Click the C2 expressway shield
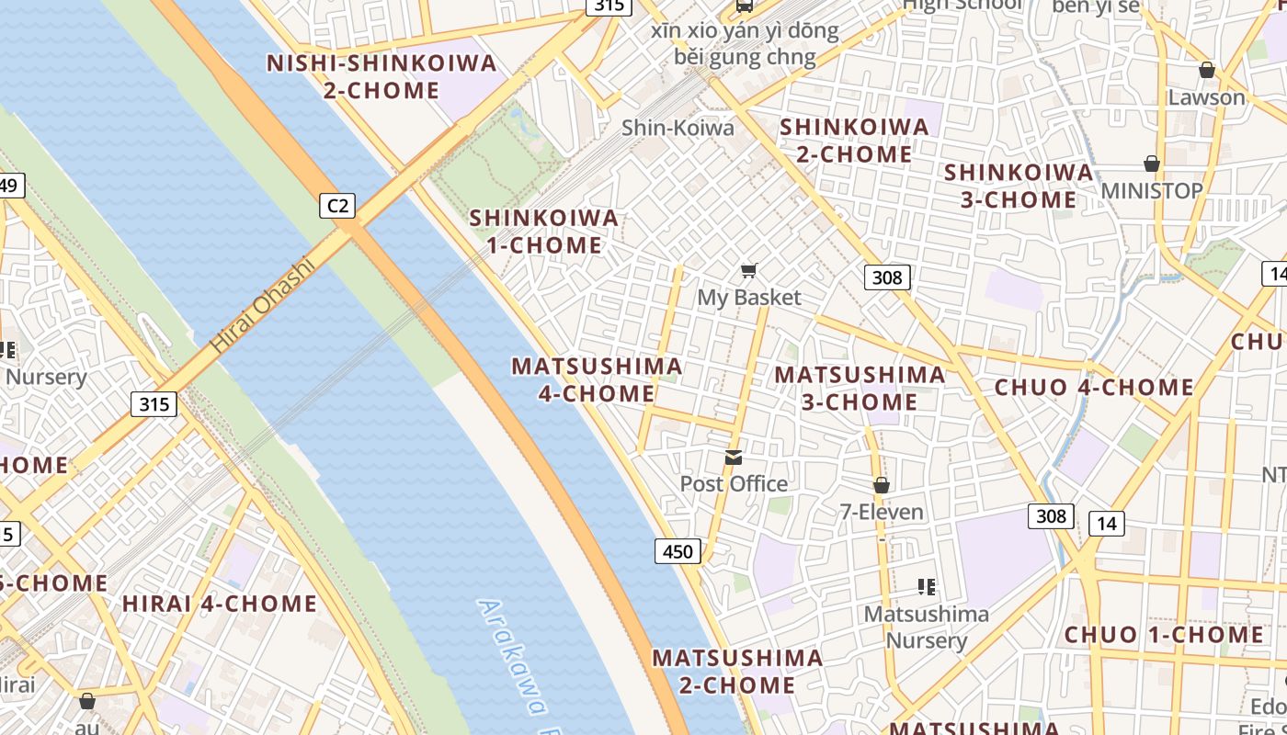[337, 205]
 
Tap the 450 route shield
[678, 551]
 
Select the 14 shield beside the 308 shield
[1107, 524]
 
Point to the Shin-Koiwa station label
[678, 128]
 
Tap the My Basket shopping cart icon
[749, 270]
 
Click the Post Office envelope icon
[734, 457]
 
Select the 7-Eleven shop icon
[882, 485]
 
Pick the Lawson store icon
[1207, 71]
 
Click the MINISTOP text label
[1151, 191]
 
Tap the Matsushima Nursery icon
[927, 586]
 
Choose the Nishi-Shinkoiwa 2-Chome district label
[382, 77]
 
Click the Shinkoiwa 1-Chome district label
[544, 232]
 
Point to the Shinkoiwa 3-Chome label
[1019, 186]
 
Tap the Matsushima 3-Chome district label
[860, 388]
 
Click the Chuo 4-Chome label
[1094, 388]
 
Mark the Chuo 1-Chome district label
[1164, 635]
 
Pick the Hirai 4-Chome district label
[220, 604]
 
